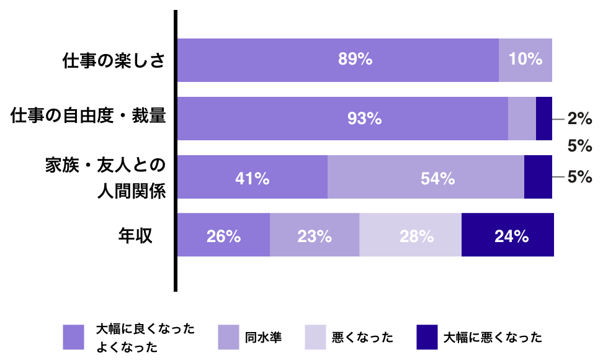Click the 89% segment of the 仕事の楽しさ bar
[x=338, y=60]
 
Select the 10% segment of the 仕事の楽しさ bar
[x=525, y=60]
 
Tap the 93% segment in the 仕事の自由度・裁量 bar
[x=342, y=118]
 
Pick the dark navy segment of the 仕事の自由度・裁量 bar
[x=544, y=118]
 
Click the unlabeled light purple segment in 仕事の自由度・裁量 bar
[x=522, y=118]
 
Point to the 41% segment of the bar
[x=253, y=178]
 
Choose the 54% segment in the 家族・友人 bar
[x=426, y=178]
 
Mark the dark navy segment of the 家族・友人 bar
[x=538, y=178]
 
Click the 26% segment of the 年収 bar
[x=223, y=235]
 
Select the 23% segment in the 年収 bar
[x=315, y=235]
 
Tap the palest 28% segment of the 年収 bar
[x=410, y=235]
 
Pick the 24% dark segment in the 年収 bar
[x=507, y=235]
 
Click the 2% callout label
[x=580, y=118]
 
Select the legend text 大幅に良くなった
[x=145, y=328]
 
